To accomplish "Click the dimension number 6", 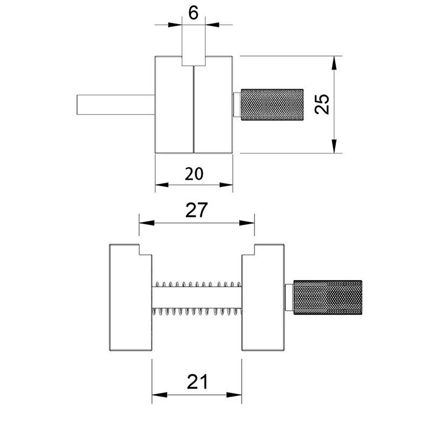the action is pos(193,13).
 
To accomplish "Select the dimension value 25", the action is pos(322,104).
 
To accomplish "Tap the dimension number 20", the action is pos(194,173).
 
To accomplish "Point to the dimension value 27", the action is pos(196,210).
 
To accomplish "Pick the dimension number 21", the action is pos(197,381).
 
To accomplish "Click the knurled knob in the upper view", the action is pos(272,105).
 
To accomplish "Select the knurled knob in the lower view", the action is pos(328,297).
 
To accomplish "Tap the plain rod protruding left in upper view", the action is pos(115,105).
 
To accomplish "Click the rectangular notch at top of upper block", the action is pos(193,61).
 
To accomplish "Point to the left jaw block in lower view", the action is pos(130,297).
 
